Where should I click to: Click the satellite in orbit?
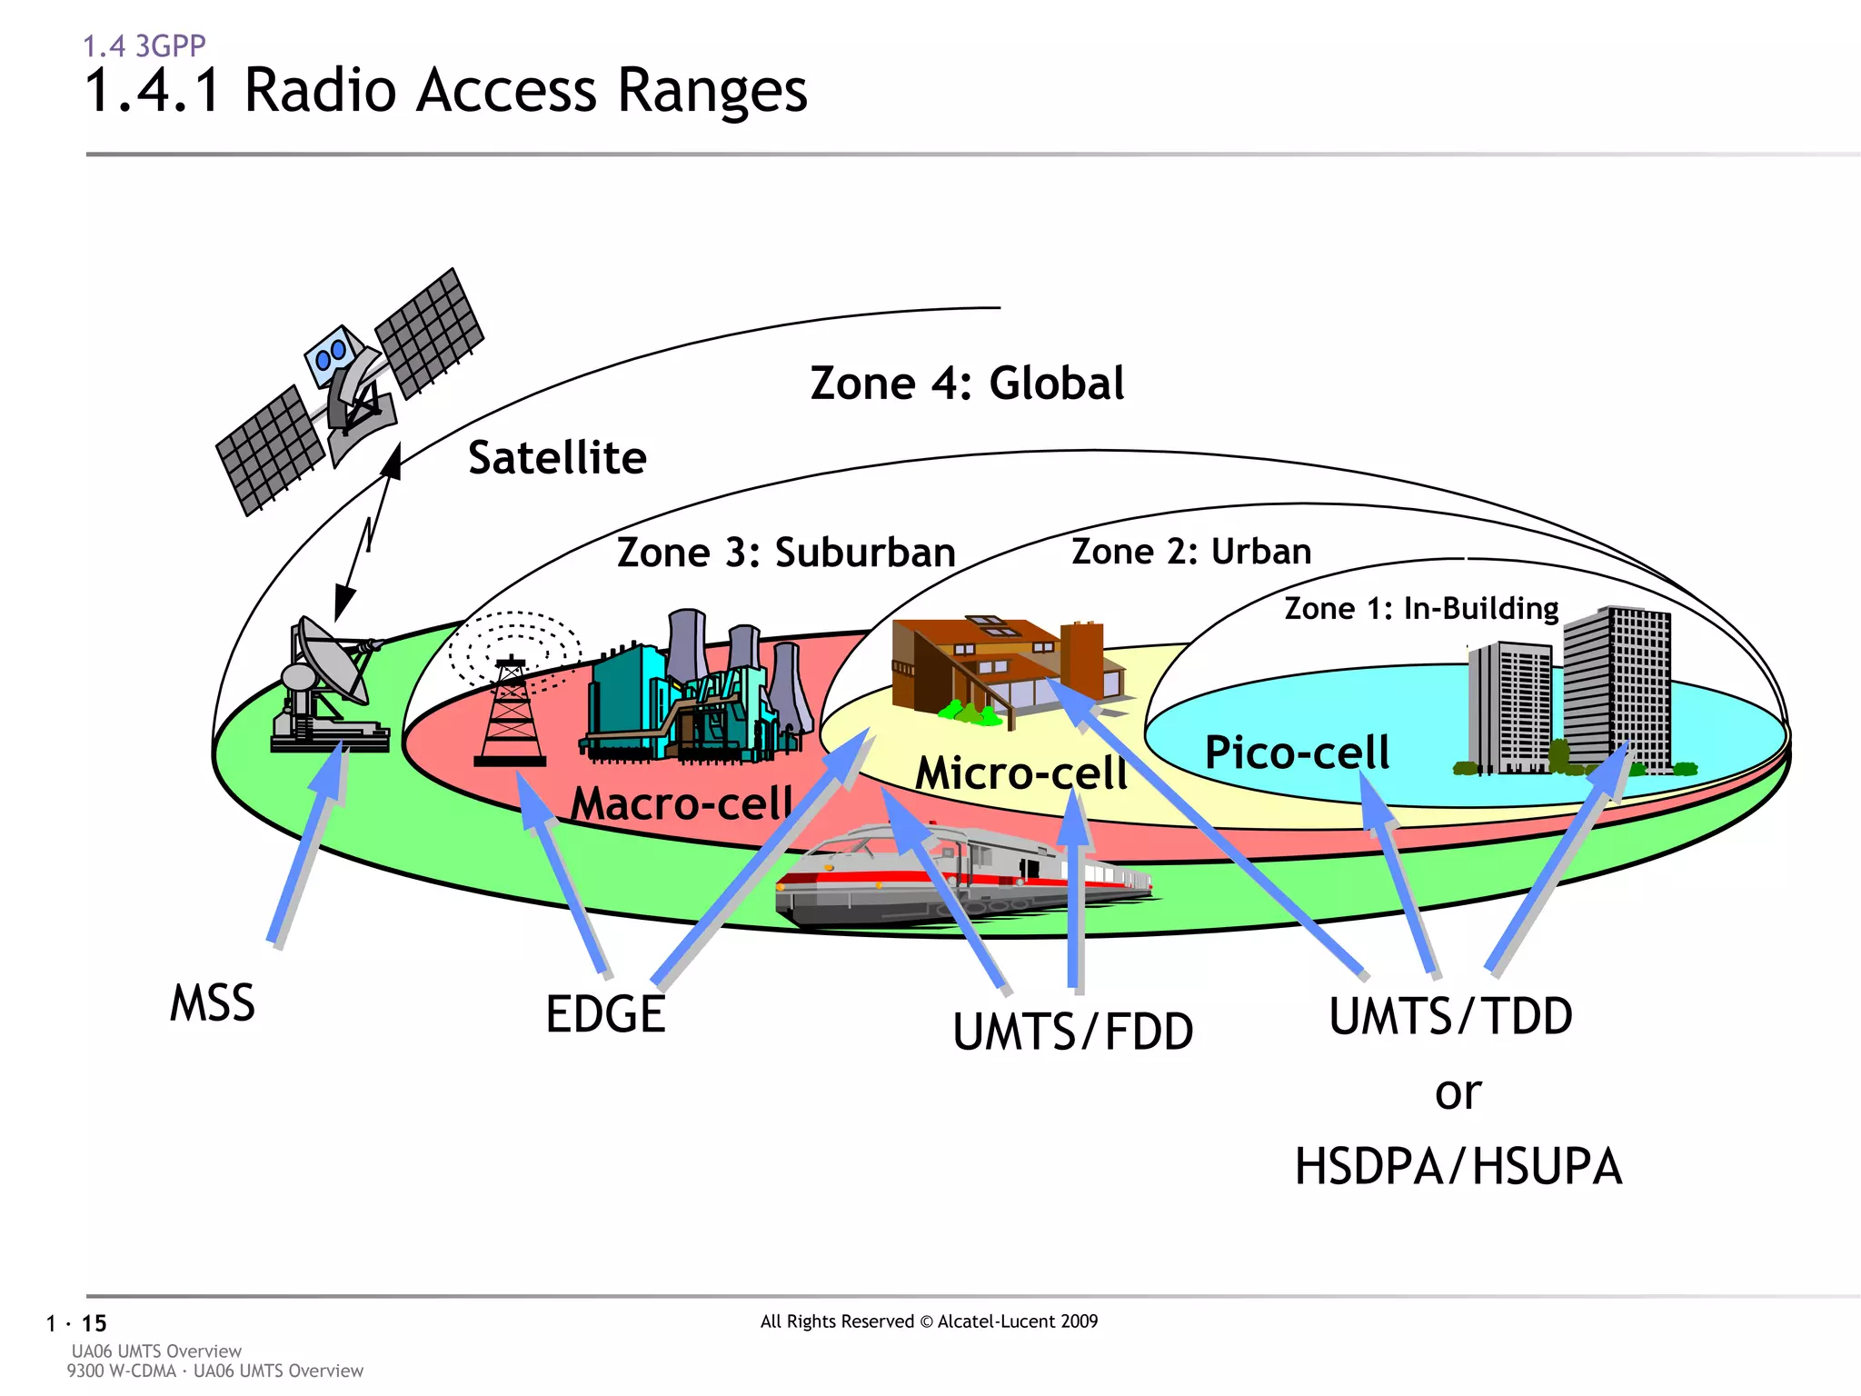tap(350, 391)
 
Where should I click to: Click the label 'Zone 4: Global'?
tap(967, 384)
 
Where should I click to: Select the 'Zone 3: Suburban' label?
tap(786, 553)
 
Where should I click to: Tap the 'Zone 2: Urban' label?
tap(1191, 552)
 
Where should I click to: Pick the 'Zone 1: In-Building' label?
tap(1421, 608)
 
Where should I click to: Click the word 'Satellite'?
tap(557, 457)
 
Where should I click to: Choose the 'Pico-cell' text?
tap(1297, 753)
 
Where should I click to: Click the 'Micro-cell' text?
tap(1020, 773)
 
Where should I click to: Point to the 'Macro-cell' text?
tap(682, 803)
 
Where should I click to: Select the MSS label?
tap(213, 1003)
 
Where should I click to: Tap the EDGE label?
tap(605, 1014)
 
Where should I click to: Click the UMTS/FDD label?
tap(1073, 1032)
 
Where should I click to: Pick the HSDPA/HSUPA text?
tap(1458, 1167)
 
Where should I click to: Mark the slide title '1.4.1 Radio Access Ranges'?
tap(445, 91)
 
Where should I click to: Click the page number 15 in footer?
tap(94, 1323)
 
